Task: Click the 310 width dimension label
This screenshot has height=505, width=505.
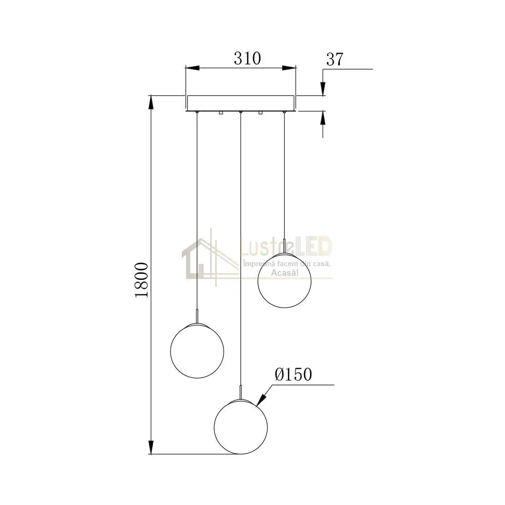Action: click(247, 59)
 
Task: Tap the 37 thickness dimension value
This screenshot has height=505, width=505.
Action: click(335, 59)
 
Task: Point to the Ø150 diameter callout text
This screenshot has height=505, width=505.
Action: click(293, 374)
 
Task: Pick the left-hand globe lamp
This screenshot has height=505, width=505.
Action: click(196, 348)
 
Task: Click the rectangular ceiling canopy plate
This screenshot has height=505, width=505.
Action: click(240, 103)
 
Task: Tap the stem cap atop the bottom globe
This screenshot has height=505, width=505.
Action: click(241, 391)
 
